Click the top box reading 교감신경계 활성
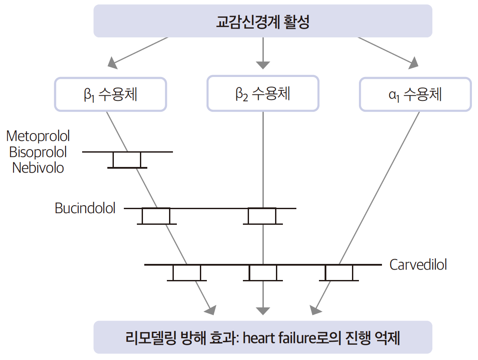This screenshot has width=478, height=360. point(263,21)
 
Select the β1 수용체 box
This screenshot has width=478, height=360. point(110,94)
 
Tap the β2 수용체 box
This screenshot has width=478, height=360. point(263,94)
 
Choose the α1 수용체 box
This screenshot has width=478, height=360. point(415,94)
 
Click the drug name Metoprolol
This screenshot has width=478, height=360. point(38,136)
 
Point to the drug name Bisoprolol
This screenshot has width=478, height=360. point(38,152)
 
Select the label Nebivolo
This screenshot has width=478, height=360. point(38,168)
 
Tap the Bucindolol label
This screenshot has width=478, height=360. point(85,208)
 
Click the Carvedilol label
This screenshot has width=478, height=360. point(418,265)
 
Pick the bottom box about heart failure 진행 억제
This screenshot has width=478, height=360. point(263,337)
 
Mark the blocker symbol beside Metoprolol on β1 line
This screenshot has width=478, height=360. point(127,160)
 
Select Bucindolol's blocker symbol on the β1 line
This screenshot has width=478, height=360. point(156,216)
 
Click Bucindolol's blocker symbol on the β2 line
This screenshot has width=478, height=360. point(262,216)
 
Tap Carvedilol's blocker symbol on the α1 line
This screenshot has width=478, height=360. point(339,273)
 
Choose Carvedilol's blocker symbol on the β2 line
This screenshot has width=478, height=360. point(263,273)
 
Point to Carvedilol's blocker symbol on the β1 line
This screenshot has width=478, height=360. point(187,273)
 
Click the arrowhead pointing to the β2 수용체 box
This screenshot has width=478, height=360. point(263,65)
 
